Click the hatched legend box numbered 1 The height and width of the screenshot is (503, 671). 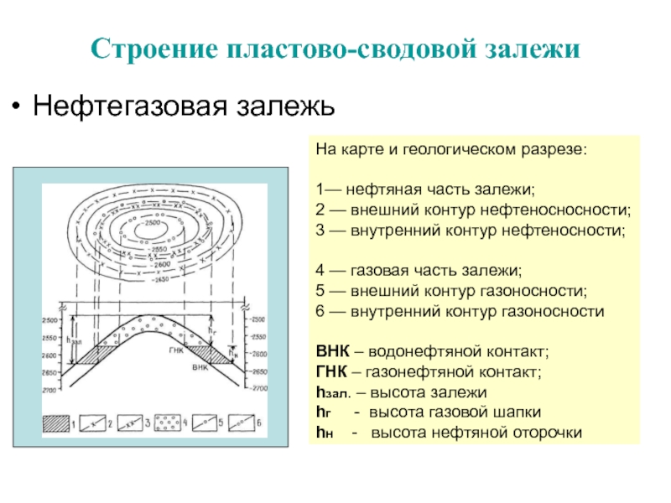tap(57, 422)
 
